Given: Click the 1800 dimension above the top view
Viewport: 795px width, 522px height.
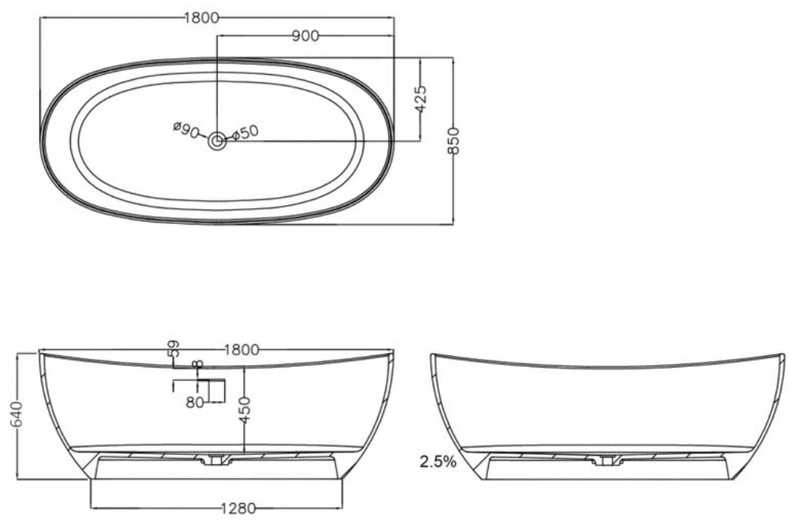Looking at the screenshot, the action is click(x=201, y=18).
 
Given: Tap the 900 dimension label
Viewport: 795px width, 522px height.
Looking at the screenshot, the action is click(x=305, y=36).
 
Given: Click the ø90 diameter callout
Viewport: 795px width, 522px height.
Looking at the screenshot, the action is click(x=185, y=130).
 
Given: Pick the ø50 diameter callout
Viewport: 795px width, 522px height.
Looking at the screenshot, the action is click(x=245, y=133).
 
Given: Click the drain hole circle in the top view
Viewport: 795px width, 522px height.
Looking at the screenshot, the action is click(x=217, y=141).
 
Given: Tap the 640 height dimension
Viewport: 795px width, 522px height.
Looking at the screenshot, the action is click(x=17, y=415).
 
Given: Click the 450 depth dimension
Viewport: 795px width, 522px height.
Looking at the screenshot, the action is click(x=245, y=410).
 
